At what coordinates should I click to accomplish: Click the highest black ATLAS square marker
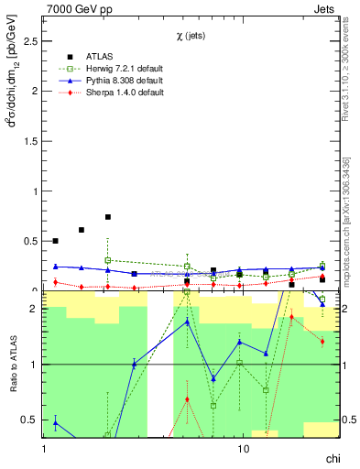point(108,217)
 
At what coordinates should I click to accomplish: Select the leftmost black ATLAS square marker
point(56,241)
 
